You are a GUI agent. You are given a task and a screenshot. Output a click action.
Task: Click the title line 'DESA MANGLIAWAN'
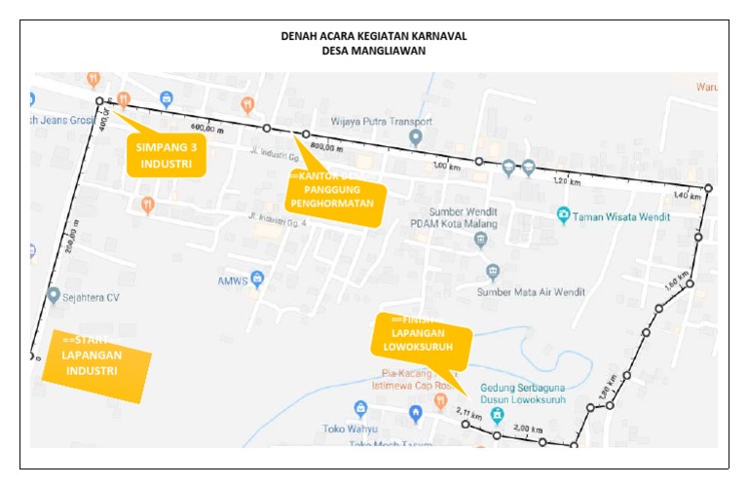pyautogui.click(x=373, y=52)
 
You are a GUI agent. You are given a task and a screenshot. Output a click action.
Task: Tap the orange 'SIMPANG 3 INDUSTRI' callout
pyautogui.click(x=167, y=156)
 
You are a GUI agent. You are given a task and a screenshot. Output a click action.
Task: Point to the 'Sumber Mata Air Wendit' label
pyautogui.click(x=524, y=291)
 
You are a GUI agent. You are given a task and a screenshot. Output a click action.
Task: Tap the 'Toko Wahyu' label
pyautogui.click(x=351, y=429)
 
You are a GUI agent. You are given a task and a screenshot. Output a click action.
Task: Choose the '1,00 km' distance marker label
pyautogui.click(x=445, y=167)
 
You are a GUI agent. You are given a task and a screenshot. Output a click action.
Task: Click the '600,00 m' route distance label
pyautogui.click(x=206, y=128)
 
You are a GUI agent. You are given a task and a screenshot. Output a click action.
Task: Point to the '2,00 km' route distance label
pyautogui.click(x=528, y=429)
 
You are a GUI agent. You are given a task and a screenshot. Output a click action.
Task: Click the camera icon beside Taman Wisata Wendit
pyautogui.click(x=563, y=215)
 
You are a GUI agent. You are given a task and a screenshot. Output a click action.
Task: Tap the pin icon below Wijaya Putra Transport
pyautogui.click(x=416, y=138)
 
